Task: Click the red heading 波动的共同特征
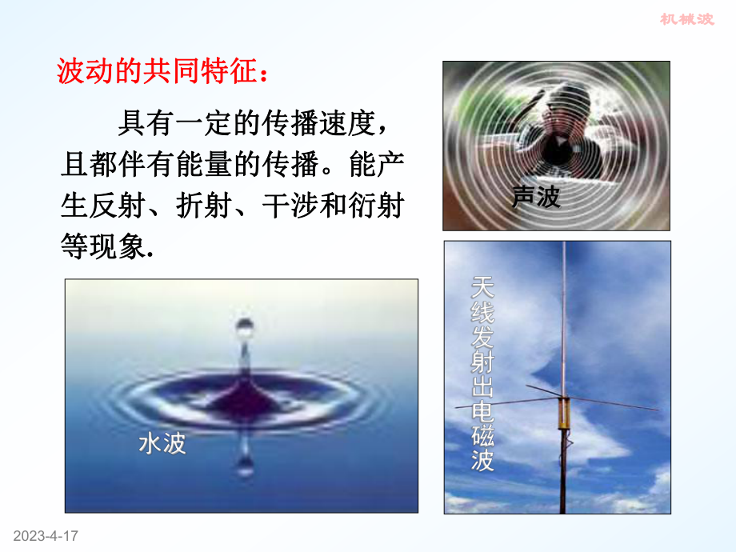[x=164, y=72]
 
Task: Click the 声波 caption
[x=536, y=197]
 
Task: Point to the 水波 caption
[x=162, y=442]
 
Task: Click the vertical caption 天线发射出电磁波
[x=482, y=373]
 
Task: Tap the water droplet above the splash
[x=242, y=330]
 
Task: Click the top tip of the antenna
[x=563, y=245]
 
